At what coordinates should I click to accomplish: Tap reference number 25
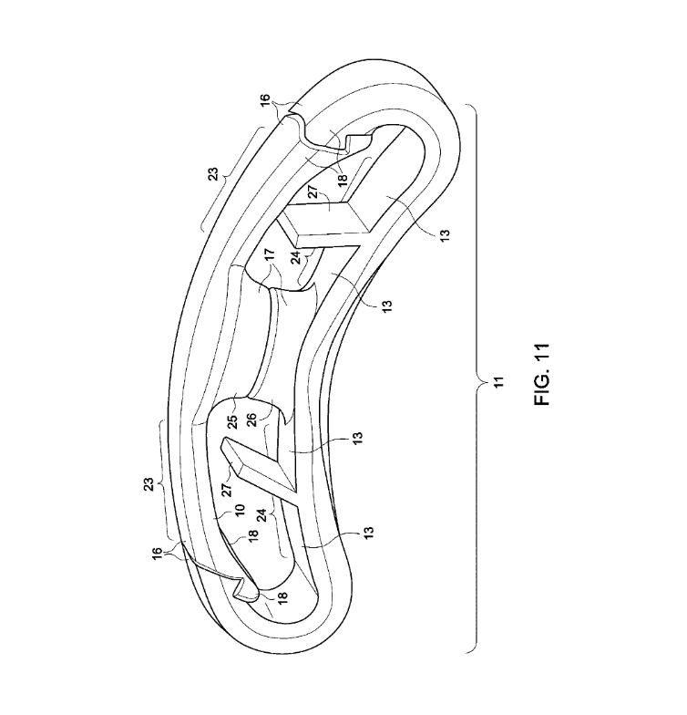232,420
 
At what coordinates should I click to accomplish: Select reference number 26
251,420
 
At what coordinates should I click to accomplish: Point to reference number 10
240,509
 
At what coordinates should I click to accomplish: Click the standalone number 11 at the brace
499,382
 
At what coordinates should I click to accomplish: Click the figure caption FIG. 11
542,374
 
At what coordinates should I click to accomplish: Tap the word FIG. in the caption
542,389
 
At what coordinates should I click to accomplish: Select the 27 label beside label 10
228,489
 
